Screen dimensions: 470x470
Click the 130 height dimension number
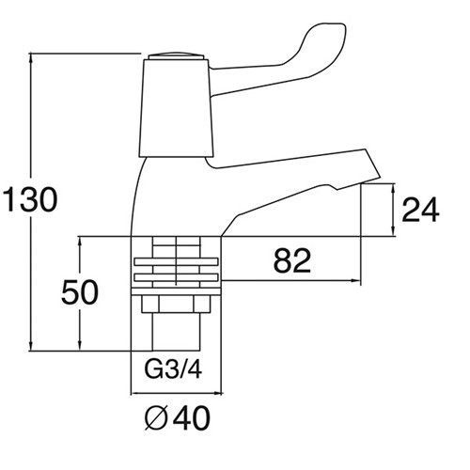point(30,199)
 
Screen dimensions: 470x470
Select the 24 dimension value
point(420,210)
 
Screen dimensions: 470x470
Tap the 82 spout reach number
point(292,260)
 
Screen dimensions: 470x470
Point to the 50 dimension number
point(80,292)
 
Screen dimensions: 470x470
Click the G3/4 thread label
point(173,369)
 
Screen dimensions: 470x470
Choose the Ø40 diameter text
point(178,418)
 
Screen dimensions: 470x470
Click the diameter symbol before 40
point(156,418)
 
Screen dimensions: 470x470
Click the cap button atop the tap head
point(177,56)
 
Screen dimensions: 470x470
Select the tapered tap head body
point(177,108)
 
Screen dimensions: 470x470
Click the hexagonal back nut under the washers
point(176,304)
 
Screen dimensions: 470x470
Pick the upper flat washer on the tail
point(176,261)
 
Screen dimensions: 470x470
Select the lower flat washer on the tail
point(176,277)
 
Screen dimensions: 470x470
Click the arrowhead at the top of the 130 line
point(31,58)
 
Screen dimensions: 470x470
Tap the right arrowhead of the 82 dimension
point(356,280)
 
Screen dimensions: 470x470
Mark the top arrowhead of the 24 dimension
point(394,189)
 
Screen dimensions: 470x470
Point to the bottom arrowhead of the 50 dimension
point(80,345)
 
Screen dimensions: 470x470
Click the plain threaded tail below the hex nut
point(176,332)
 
